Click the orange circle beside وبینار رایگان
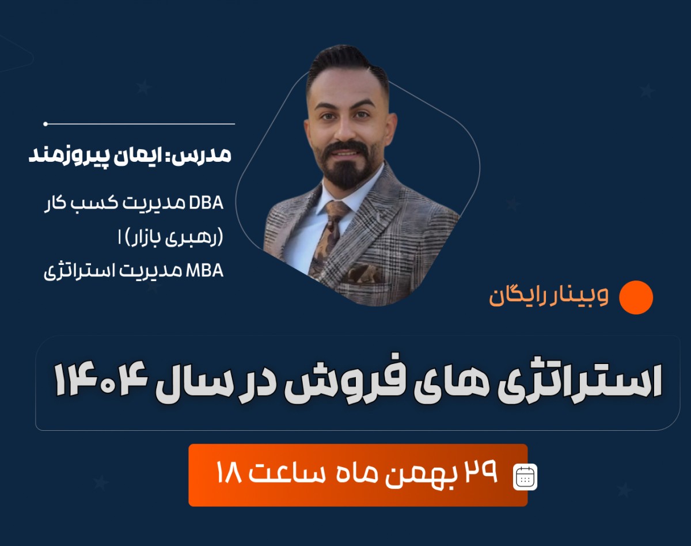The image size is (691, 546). point(636,297)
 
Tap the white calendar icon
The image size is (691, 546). point(525,477)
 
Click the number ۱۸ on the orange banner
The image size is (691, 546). point(227,475)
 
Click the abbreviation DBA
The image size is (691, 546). point(207,203)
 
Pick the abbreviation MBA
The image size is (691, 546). point(206,271)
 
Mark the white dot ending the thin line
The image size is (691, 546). point(45,124)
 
